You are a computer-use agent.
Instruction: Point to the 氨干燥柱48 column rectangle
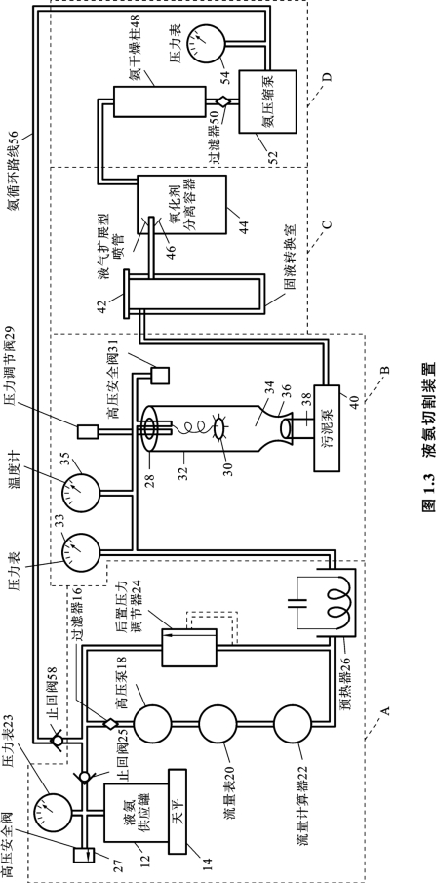pos(159,101)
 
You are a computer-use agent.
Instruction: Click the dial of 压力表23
pos(53,812)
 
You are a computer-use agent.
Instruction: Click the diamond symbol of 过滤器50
pos(222,101)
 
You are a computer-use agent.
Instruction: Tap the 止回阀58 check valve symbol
pos(58,740)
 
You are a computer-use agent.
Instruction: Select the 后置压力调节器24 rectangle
pos(189,648)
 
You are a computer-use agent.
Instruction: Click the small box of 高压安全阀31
pos(160,376)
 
